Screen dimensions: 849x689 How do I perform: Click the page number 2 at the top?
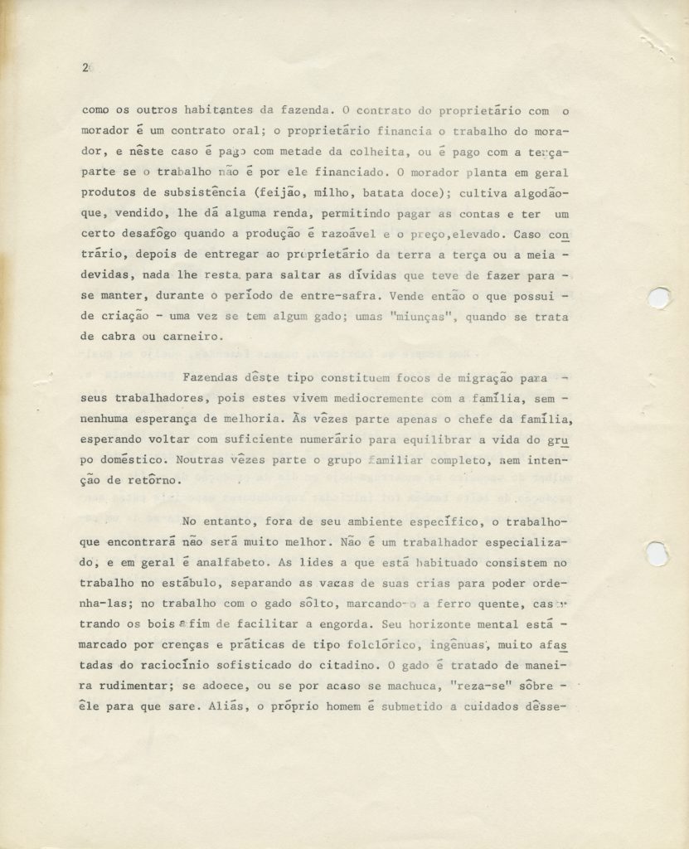click(85, 69)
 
